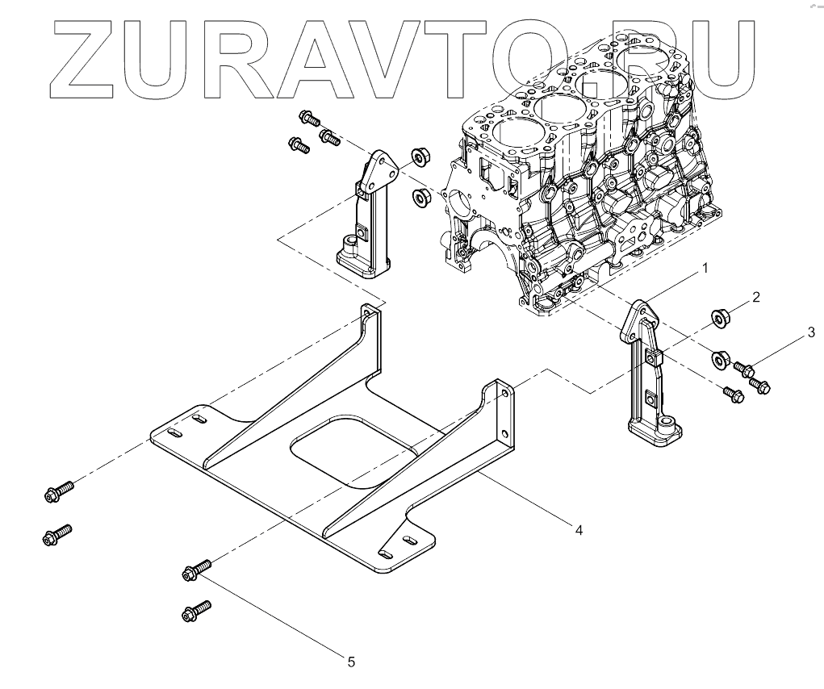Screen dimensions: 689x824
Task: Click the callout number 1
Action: pyautogui.click(x=705, y=267)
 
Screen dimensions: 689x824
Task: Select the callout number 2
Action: pyautogui.click(x=755, y=298)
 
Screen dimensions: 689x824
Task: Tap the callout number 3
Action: pyautogui.click(x=811, y=332)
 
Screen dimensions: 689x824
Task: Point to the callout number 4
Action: pyautogui.click(x=579, y=529)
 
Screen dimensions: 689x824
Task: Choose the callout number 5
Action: pyautogui.click(x=351, y=662)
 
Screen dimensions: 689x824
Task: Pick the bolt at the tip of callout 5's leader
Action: pyautogui.click(x=196, y=570)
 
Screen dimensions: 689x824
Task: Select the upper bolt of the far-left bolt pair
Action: pyautogui.click(x=59, y=491)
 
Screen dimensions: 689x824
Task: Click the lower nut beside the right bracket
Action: pyautogui.click(x=721, y=357)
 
